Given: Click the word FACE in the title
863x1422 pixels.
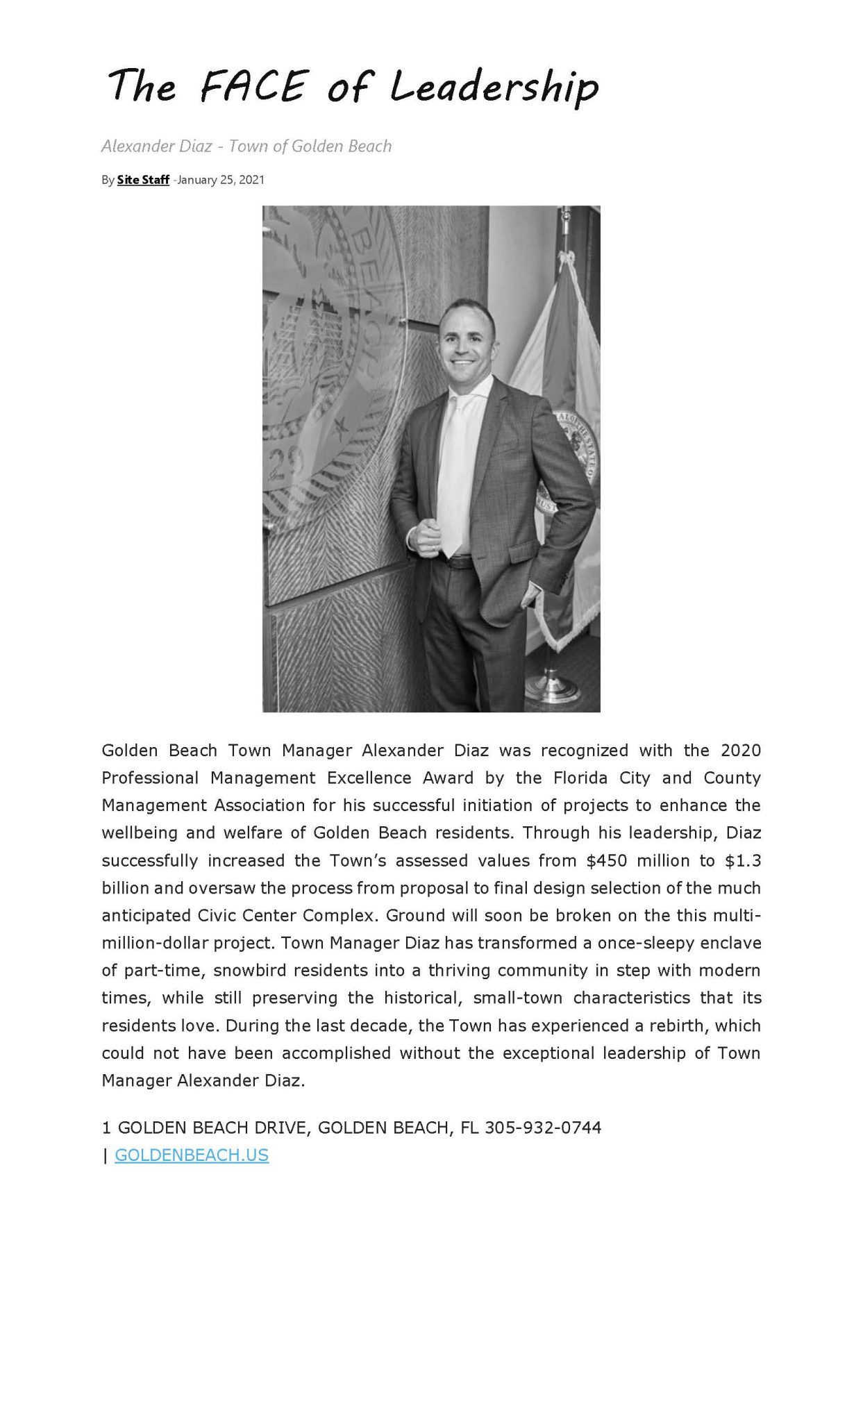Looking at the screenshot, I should tap(253, 86).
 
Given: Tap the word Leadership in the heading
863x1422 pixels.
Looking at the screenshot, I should tap(494, 88).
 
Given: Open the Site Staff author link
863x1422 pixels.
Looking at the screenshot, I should tap(143, 180).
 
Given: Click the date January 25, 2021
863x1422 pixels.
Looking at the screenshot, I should tap(221, 180).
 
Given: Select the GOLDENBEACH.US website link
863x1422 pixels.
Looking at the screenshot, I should tap(192, 1155).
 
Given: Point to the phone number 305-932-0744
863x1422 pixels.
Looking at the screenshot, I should tap(543, 1127).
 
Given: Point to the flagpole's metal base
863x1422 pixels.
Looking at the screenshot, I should tap(553, 687).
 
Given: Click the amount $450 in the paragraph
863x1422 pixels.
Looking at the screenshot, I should tap(607, 860).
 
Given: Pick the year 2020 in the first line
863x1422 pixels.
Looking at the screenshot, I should tap(741, 751).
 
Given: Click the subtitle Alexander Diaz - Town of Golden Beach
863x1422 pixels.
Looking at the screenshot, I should tap(246, 146).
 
